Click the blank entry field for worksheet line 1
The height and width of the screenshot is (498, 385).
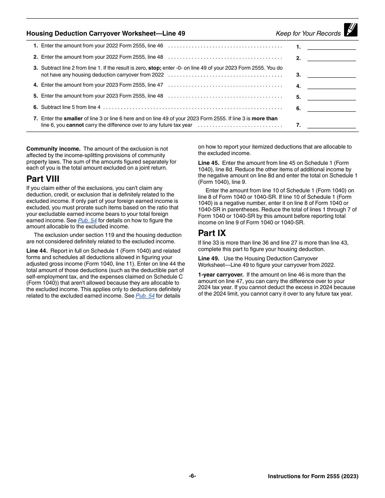pos(331,47)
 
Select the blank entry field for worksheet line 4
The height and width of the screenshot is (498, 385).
pos(331,85)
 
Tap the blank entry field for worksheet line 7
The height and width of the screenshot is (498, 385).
pos(331,125)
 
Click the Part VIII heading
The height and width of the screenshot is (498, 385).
pos(43,179)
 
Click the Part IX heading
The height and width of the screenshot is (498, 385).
pos(212,233)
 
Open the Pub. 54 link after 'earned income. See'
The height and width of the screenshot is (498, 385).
pos(87,220)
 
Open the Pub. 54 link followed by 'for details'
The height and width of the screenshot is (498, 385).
pos(145,296)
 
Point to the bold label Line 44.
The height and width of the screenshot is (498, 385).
pos(37,251)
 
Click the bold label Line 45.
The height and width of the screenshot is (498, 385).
pos(209,163)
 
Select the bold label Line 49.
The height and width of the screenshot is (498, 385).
pos(209,258)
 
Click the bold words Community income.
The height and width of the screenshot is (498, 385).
pos(53,149)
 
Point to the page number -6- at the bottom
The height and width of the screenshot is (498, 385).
pos(192,476)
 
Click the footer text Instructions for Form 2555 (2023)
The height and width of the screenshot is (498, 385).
pos(313,476)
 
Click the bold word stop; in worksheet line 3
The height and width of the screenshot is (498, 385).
pos(154,68)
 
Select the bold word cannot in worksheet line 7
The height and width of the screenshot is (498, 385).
pos(75,125)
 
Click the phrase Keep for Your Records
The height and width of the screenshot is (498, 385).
pos(308,34)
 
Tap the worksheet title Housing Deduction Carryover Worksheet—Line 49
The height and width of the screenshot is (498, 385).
pos(106,34)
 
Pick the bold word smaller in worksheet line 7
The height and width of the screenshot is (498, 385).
pos(73,119)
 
